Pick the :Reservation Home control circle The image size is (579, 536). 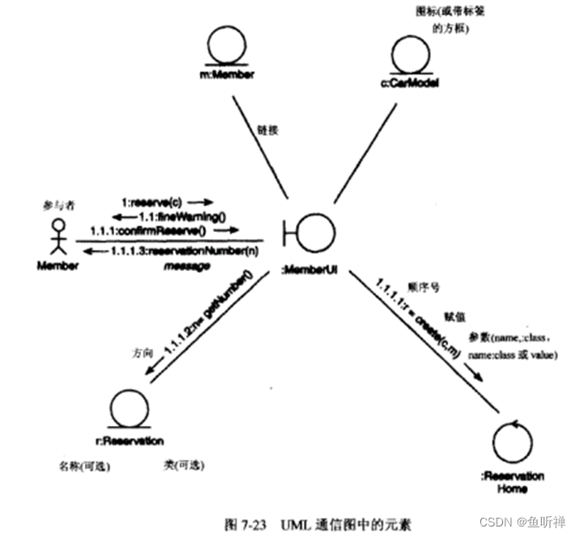pyautogui.click(x=509, y=442)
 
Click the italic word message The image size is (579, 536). pyautogui.click(x=187, y=266)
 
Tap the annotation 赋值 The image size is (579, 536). pyautogui.click(x=455, y=318)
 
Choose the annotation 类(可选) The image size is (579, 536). pyautogui.click(x=183, y=464)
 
